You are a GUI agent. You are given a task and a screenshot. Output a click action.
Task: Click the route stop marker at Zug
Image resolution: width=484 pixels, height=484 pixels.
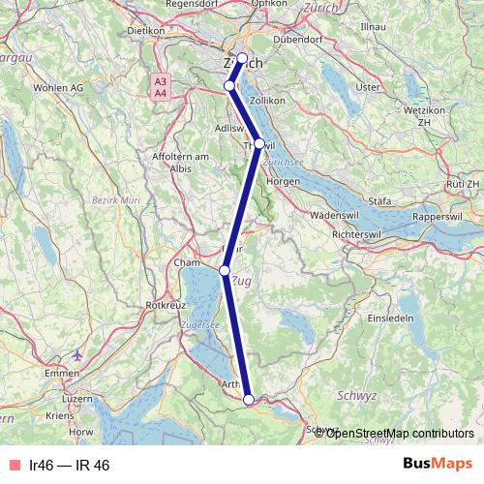[x=225, y=271]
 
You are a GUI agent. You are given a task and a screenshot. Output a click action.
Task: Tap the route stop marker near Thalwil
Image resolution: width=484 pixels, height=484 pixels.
[x=258, y=143]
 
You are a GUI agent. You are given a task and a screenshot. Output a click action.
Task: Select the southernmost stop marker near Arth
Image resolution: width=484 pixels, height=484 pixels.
[x=249, y=399]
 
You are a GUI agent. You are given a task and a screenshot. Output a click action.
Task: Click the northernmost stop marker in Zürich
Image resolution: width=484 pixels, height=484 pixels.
[x=242, y=57]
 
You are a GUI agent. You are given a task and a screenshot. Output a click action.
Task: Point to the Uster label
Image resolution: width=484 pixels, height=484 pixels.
[x=368, y=87]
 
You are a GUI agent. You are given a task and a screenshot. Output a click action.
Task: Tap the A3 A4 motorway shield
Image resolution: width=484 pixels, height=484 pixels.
[x=161, y=87]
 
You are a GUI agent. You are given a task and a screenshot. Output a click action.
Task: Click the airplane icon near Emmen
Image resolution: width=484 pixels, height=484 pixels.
[x=78, y=353]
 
